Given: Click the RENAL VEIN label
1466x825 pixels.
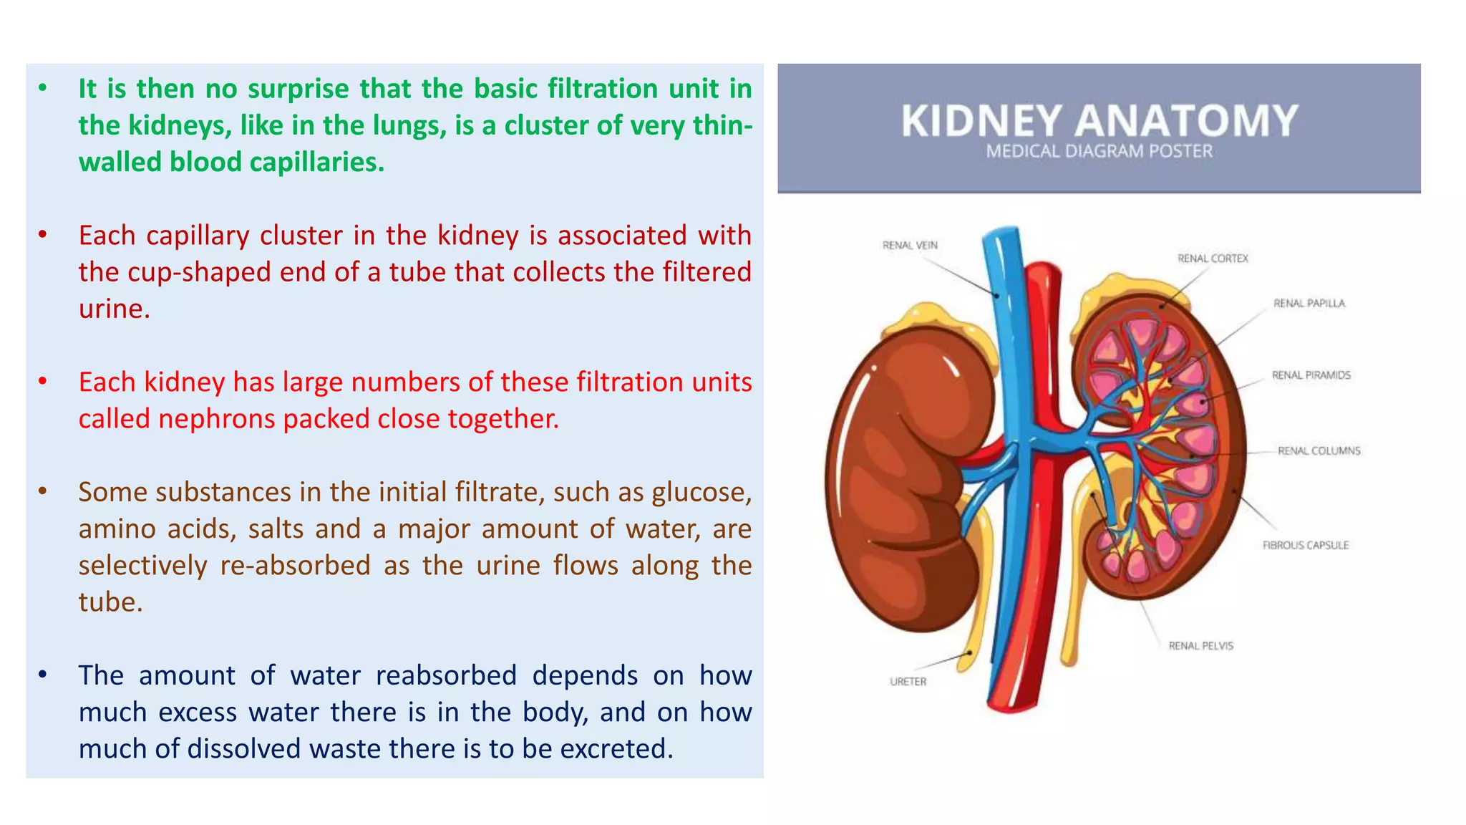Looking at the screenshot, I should pos(909,246).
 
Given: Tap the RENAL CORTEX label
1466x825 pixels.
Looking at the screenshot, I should pos(1213,259).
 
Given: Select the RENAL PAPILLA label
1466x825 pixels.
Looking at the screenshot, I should pos(1309,304).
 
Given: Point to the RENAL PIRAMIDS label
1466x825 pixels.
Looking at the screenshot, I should pos(1311,375).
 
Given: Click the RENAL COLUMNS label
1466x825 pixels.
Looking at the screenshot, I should pos(1319,450).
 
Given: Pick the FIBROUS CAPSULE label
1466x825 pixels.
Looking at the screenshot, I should pos(1305,546).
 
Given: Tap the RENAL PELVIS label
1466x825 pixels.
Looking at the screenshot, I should pos(1200,646).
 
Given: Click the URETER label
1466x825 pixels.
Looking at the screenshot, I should pos(908,682).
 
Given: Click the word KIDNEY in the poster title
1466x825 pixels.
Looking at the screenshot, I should pos(981,121).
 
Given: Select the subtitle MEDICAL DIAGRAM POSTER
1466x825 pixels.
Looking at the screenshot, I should pos(1099,152).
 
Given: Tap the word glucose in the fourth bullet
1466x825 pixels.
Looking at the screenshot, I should pos(702,493).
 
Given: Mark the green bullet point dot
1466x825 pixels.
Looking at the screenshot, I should pos(43,88).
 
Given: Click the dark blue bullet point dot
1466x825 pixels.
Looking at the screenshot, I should pos(43,675).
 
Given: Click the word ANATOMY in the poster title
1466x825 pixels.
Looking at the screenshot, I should pos(1186,121).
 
